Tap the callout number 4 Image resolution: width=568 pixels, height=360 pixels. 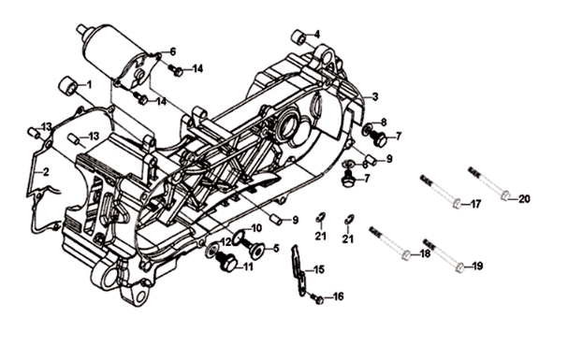tap(316, 35)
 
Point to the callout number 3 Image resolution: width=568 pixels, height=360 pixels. tap(374, 97)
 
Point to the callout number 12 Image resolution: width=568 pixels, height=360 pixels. tap(226, 242)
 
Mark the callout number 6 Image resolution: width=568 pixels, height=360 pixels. tap(172, 50)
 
